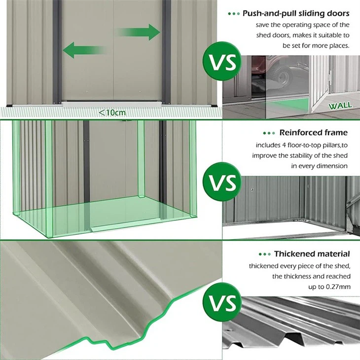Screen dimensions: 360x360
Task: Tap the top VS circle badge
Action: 223,63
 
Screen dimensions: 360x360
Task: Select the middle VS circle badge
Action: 223,181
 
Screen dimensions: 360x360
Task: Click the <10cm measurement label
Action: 112,112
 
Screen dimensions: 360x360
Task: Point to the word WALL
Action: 340,105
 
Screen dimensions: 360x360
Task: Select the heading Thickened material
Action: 312,253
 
